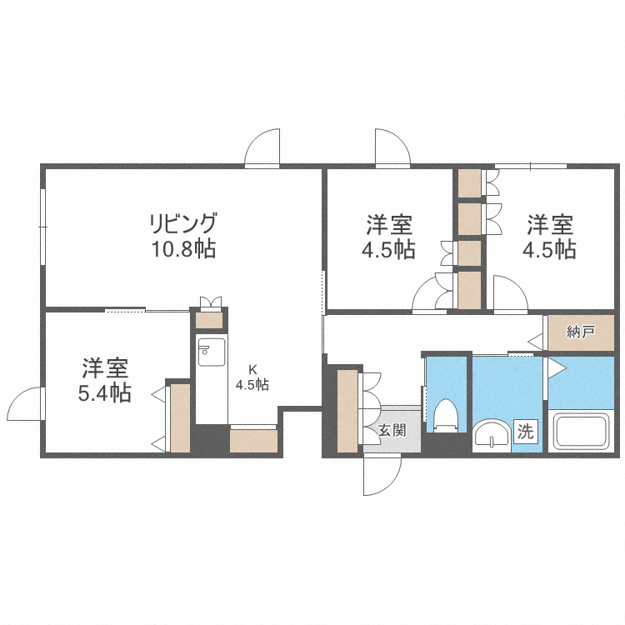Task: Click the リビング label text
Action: pyautogui.click(x=182, y=223)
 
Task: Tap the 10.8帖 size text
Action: pyautogui.click(x=182, y=248)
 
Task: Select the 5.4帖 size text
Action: pyautogui.click(x=104, y=392)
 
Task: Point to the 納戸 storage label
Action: pyautogui.click(x=580, y=332)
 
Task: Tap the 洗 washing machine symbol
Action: pyautogui.click(x=526, y=431)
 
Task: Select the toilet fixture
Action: pyautogui.click(x=447, y=414)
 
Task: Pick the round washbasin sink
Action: pyautogui.click(x=491, y=435)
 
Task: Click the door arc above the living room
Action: pyautogui.click(x=263, y=148)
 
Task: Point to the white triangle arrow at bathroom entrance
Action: pyautogui.click(x=555, y=367)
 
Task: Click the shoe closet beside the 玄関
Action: pyautogui.click(x=347, y=411)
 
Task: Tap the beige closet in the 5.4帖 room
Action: pyautogui.click(x=179, y=417)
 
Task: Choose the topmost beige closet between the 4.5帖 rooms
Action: pyautogui.click(x=469, y=183)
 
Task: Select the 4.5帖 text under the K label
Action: pyautogui.click(x=252, y=384)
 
